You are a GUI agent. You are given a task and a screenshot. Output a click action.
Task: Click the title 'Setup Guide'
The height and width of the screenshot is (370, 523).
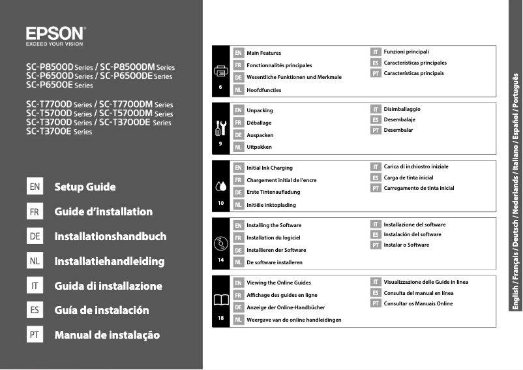(85, 187)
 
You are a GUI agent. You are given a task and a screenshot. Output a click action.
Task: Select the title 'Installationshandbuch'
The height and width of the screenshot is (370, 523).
(110, 236)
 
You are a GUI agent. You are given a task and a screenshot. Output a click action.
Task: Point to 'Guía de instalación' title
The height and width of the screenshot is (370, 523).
(102, 310)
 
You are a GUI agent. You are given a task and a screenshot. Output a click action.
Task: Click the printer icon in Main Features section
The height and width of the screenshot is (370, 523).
(221, 70)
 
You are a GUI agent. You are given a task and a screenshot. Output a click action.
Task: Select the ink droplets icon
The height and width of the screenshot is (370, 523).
(221, 186)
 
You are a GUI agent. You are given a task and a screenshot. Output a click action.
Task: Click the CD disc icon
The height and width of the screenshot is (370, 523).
(221, 244)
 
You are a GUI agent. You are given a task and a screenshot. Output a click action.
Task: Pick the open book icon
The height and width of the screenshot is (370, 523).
(221, 301)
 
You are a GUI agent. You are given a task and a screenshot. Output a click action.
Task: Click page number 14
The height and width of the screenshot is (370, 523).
(221, 260)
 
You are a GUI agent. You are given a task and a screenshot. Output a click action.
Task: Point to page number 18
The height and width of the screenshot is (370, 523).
(221, 318)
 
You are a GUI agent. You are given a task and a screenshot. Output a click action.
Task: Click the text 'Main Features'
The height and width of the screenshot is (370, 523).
(264, 53)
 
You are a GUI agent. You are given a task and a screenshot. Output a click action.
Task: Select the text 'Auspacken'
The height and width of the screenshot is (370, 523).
(260, 135)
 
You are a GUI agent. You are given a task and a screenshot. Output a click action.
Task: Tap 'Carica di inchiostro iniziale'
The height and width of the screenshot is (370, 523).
(416, 166)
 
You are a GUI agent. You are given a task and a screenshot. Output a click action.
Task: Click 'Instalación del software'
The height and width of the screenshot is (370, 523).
(412, 234)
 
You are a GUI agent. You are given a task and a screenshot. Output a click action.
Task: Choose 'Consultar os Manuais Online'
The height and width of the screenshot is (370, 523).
(418, 303)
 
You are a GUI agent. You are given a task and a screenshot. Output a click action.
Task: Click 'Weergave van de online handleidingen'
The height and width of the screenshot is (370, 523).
(294, 320)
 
